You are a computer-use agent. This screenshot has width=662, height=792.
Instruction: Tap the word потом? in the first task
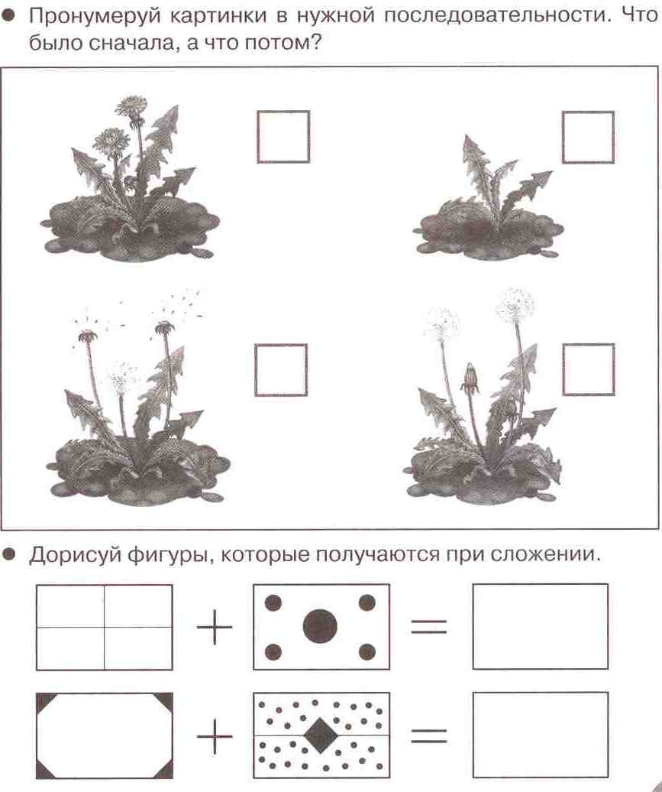tap(283, 44)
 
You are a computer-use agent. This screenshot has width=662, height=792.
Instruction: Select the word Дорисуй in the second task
tap(74, 555)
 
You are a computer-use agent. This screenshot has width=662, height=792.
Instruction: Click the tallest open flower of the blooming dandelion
tap(131, 107)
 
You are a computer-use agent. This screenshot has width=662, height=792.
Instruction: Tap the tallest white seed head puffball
tap(515, 305)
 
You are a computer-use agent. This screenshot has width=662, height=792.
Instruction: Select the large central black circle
tap(320, 626)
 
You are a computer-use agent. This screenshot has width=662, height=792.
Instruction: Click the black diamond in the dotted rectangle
tap(321, 735)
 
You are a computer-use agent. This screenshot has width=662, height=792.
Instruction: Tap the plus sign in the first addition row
tap(215, 627)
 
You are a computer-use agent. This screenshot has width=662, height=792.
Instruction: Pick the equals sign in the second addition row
tap(429, 735)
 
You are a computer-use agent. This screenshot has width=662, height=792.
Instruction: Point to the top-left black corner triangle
tap(44, 700)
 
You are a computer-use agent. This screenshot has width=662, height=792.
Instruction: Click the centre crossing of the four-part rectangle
tap(105, 628)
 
